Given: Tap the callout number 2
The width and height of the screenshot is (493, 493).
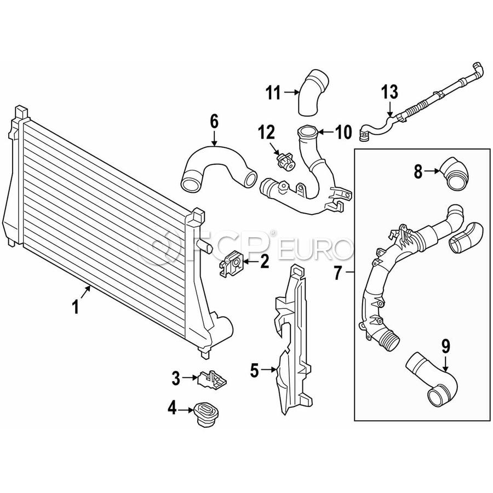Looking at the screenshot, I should (x=265, y=262).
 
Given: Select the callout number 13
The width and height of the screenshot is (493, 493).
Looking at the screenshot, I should (x=391, y=91).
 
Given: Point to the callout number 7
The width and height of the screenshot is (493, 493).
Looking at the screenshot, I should (x=338, y=271).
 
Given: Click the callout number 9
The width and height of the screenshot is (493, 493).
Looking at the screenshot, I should (x=445, y=346).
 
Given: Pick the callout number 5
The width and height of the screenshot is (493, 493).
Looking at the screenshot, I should (x=254, y=371).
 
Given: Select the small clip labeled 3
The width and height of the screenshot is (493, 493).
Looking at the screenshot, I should (x=213, y=379).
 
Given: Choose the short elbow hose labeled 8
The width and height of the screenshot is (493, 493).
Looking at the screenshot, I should (x=454, y=174).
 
